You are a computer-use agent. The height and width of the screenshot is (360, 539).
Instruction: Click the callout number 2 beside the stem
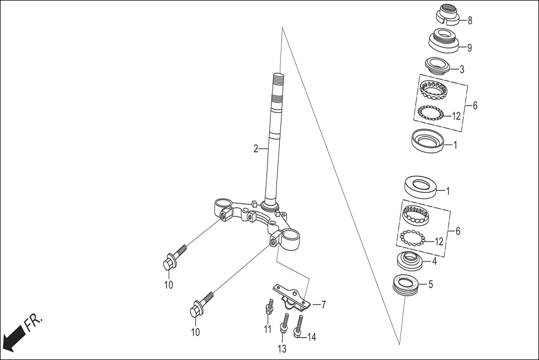[x=256, y=149]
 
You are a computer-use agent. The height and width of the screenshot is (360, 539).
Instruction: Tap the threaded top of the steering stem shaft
[x=278, y=83]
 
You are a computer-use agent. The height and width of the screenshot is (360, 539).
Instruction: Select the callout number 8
[x=470, y=21]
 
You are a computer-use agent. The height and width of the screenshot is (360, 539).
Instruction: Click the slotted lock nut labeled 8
[x=447, y=14]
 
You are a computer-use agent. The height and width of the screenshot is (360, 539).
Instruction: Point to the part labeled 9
[x=443, y=41]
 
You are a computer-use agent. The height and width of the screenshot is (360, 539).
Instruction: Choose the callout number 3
[x=461, y=70]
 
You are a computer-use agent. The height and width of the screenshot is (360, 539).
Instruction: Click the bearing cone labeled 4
[x=412, y=260]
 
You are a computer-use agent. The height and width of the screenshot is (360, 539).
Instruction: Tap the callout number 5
[x=430, y=284]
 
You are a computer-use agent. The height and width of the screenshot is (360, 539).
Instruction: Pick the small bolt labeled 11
[x=269, y=307]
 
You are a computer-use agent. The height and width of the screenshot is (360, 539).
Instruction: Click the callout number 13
[x=282, y=349]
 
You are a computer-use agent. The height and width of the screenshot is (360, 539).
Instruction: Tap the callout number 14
[x=311, y=337]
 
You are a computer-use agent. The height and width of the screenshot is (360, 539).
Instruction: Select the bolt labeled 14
[x=300, y=327]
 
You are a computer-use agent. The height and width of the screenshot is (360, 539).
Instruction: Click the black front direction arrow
[x=13, y=337]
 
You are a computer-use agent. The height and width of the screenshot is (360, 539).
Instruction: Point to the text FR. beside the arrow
[x=34, y=322]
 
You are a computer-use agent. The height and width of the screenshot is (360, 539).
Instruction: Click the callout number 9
[x=470, y=47]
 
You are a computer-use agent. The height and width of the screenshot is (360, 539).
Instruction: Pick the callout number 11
[x=268, y=329]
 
